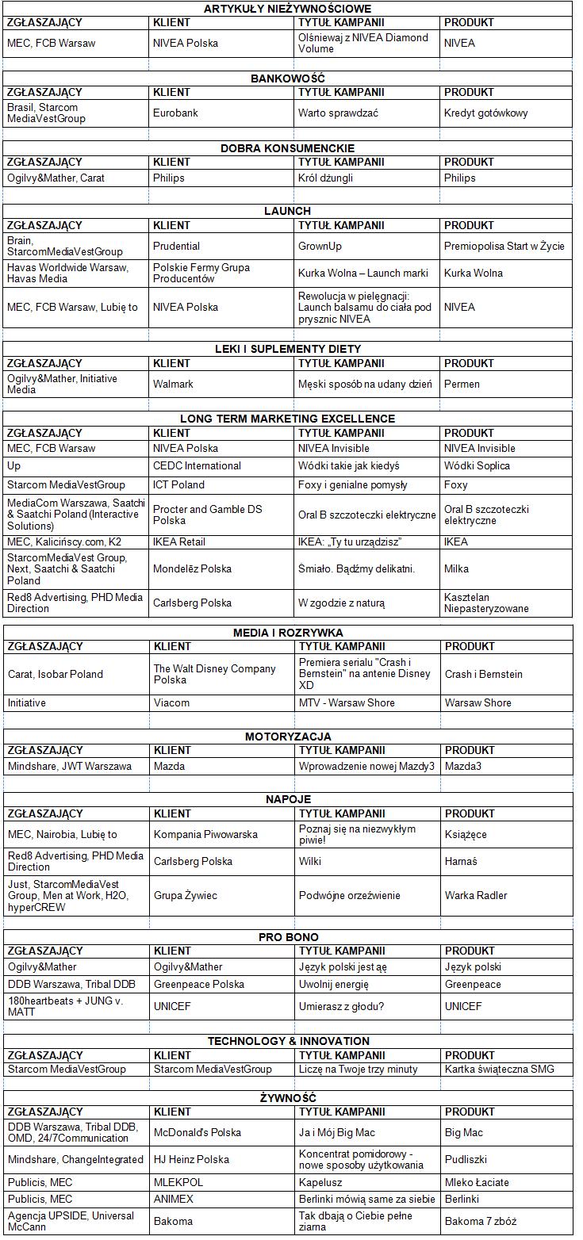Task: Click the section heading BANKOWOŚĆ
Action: [x=288, y=78]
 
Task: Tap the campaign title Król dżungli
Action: [x=325, y=178]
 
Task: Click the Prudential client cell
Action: [x=176, y=247]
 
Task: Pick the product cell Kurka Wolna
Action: [x=473, y=274]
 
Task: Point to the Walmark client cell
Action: [x=173, y=385]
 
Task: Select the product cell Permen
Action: [x=462, y=385]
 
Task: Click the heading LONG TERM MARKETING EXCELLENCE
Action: [x=287, y=419]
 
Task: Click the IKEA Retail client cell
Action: [x=179, y=542]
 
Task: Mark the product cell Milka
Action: [x=456, y=569]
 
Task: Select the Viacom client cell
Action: [x=171, y=703]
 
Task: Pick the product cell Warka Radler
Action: [x=476, y=896]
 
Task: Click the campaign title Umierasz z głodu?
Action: [x=341, y=1007]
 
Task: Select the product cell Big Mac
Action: [x=464, y=1133]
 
